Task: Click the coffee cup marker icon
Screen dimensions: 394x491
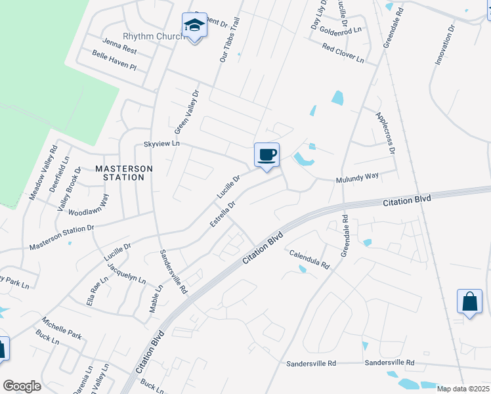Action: [x=267, y=156]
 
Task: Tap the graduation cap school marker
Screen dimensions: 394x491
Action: [x=194, y=26]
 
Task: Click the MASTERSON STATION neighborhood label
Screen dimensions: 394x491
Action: [x=124, y=173]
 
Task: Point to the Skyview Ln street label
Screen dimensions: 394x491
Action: [x=161, y=143]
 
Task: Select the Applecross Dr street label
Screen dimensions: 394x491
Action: [x=385, y=133]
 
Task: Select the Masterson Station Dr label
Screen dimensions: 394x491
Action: [x=62, y=237]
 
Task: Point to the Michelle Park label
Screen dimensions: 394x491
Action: [x=62, y=328]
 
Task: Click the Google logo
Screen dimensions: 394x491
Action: [x=22, y=385]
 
